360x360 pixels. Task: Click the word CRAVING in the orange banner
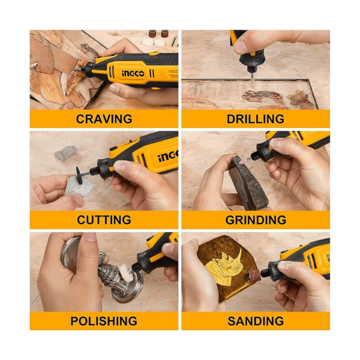[x=104, y=119]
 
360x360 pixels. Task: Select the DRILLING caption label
[x=256, y=119]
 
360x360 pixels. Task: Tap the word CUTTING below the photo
[x=104, y=220]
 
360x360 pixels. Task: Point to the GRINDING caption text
[x=256, y=220]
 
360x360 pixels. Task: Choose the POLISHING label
[x=104, y=321]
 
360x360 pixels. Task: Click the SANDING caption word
[x=256, y=321]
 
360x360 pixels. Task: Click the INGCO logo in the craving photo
[x=133, y=73]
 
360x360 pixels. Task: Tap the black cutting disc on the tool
[x=79, y=175]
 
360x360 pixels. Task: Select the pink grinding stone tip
[x=244, y=160]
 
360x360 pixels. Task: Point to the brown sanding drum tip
[x=255, y=275]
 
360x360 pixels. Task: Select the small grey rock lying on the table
[x=65, y=152]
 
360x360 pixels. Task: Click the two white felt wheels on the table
[x=154, y=42]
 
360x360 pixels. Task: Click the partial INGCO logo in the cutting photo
[x=168, y=156]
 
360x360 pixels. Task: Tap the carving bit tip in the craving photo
[x=73, y=70]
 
